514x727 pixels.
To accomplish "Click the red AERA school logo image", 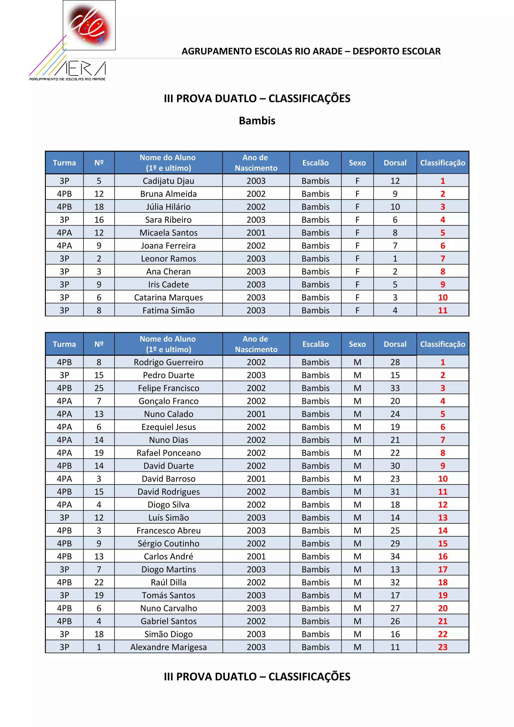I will pos(89,25).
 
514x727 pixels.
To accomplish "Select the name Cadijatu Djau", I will pos(168,181).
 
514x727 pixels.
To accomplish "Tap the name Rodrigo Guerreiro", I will pos(168,362).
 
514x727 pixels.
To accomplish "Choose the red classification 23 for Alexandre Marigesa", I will pos(442,647).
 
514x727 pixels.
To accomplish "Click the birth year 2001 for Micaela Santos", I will pos(256,233).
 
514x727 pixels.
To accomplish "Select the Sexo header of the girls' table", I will pos(357,163).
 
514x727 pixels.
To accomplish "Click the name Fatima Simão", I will pos(168,310).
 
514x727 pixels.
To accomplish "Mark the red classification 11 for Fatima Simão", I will pos(442,310).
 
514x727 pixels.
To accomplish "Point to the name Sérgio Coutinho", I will pos(168,543).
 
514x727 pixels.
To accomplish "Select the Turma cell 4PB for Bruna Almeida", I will pos(64,194).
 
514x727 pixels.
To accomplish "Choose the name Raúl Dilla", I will pos(168,582).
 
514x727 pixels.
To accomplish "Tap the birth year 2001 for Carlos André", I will pos(256,556).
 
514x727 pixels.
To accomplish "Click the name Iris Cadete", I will pos(168,284).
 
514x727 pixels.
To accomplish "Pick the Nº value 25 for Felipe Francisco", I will pos(99,388).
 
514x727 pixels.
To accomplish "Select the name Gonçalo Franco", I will pos(168,401).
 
